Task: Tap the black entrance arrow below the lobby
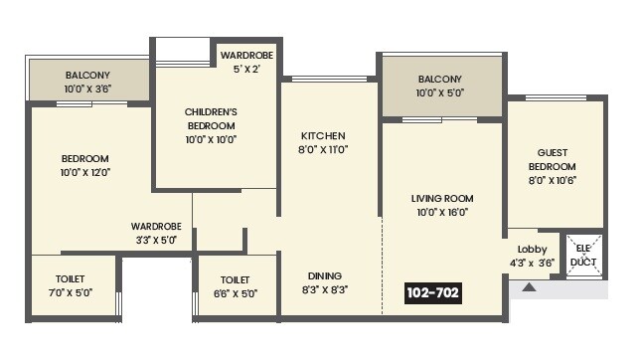pos(529,287)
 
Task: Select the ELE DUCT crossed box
pos(584,256)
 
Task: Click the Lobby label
pos(532,249)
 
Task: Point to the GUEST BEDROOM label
pos(552,159)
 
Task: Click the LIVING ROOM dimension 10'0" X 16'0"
pos(441,212)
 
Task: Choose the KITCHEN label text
pos(323,135)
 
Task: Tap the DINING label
pos(324,275)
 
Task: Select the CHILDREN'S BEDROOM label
pos(210,119)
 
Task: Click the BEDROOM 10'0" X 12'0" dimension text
pos(84,172)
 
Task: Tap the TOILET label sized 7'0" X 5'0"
pos(71,279)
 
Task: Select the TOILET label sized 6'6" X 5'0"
pos(236,279)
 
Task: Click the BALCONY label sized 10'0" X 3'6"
pos(87,75)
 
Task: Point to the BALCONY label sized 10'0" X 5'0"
pos(440,79)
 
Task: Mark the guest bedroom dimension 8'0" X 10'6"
pos(552,180)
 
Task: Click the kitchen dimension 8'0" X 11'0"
pos(323,149)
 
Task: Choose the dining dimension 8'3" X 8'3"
pos(324,289)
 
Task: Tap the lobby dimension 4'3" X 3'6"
pos(532,263)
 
